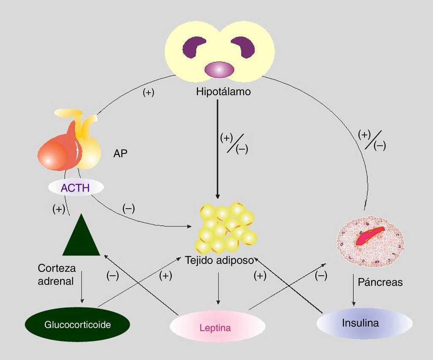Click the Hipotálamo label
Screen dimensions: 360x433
point(223,91)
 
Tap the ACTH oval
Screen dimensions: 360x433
point(75,188)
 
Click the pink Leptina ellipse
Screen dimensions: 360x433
point(217,327)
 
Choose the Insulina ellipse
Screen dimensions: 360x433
point(364,324)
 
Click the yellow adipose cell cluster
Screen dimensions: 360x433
point(224,228)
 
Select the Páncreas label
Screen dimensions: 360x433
point(380,282)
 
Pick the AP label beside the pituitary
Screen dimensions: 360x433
point(120,154)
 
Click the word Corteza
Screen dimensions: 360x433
point(57,268)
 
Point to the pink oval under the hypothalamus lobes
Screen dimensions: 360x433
point(219,69)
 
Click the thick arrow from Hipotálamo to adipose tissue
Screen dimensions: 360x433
point(218,148)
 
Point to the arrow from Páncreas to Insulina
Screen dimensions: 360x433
point(353,290)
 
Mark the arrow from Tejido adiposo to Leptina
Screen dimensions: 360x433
point(218,288)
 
